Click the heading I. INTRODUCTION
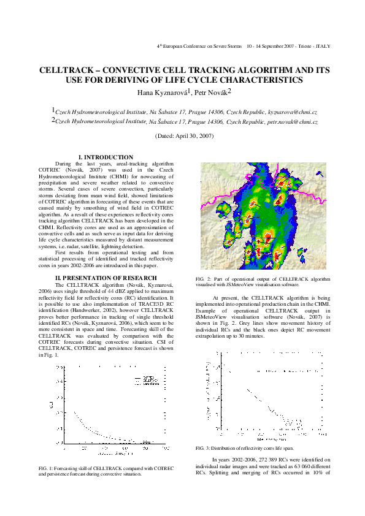click(106, 157)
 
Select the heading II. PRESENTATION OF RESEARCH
click(106, 278)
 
